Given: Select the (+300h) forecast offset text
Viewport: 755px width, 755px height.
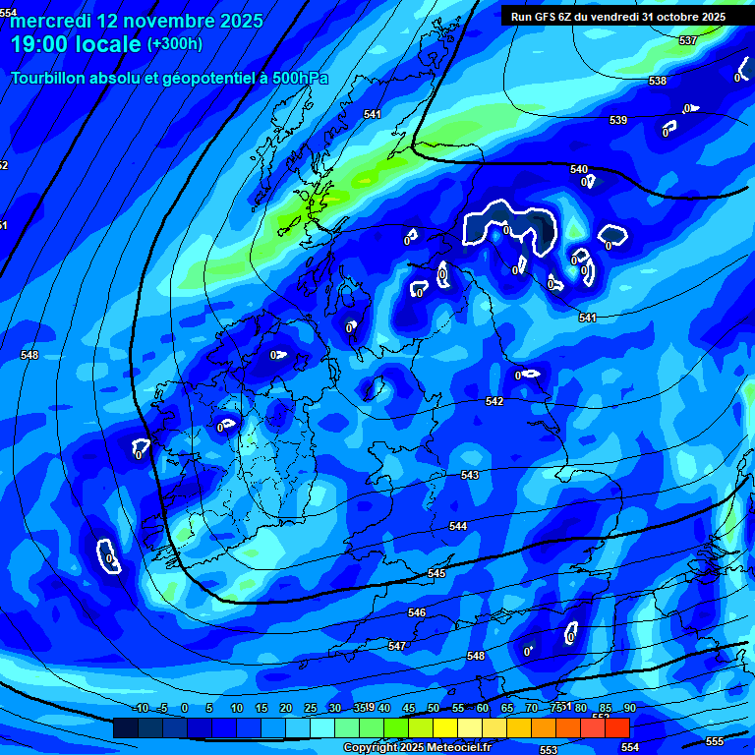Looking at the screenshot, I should point(175,44).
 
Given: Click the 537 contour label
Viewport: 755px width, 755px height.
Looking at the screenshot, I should point(688,40).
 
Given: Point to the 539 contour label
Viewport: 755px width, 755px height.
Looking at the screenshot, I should point(618,120).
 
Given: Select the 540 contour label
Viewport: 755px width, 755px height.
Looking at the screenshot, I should point(579,169).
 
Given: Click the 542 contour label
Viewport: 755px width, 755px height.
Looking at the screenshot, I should point(494,401).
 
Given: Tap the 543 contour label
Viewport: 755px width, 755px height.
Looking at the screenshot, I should point(470,475).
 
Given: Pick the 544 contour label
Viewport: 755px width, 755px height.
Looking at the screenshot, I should point(458,526).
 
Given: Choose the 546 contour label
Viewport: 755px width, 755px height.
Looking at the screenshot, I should point(417,612).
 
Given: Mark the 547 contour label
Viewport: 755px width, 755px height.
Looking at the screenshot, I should point(397,646).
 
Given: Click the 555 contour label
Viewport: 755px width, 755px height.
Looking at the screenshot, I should point(715,741).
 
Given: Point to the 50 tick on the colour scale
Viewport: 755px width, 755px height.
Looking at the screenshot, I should point(434,709).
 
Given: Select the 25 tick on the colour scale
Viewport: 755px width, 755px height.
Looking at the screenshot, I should point(310,709).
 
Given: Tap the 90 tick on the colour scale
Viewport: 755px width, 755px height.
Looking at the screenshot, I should point(630,709).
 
